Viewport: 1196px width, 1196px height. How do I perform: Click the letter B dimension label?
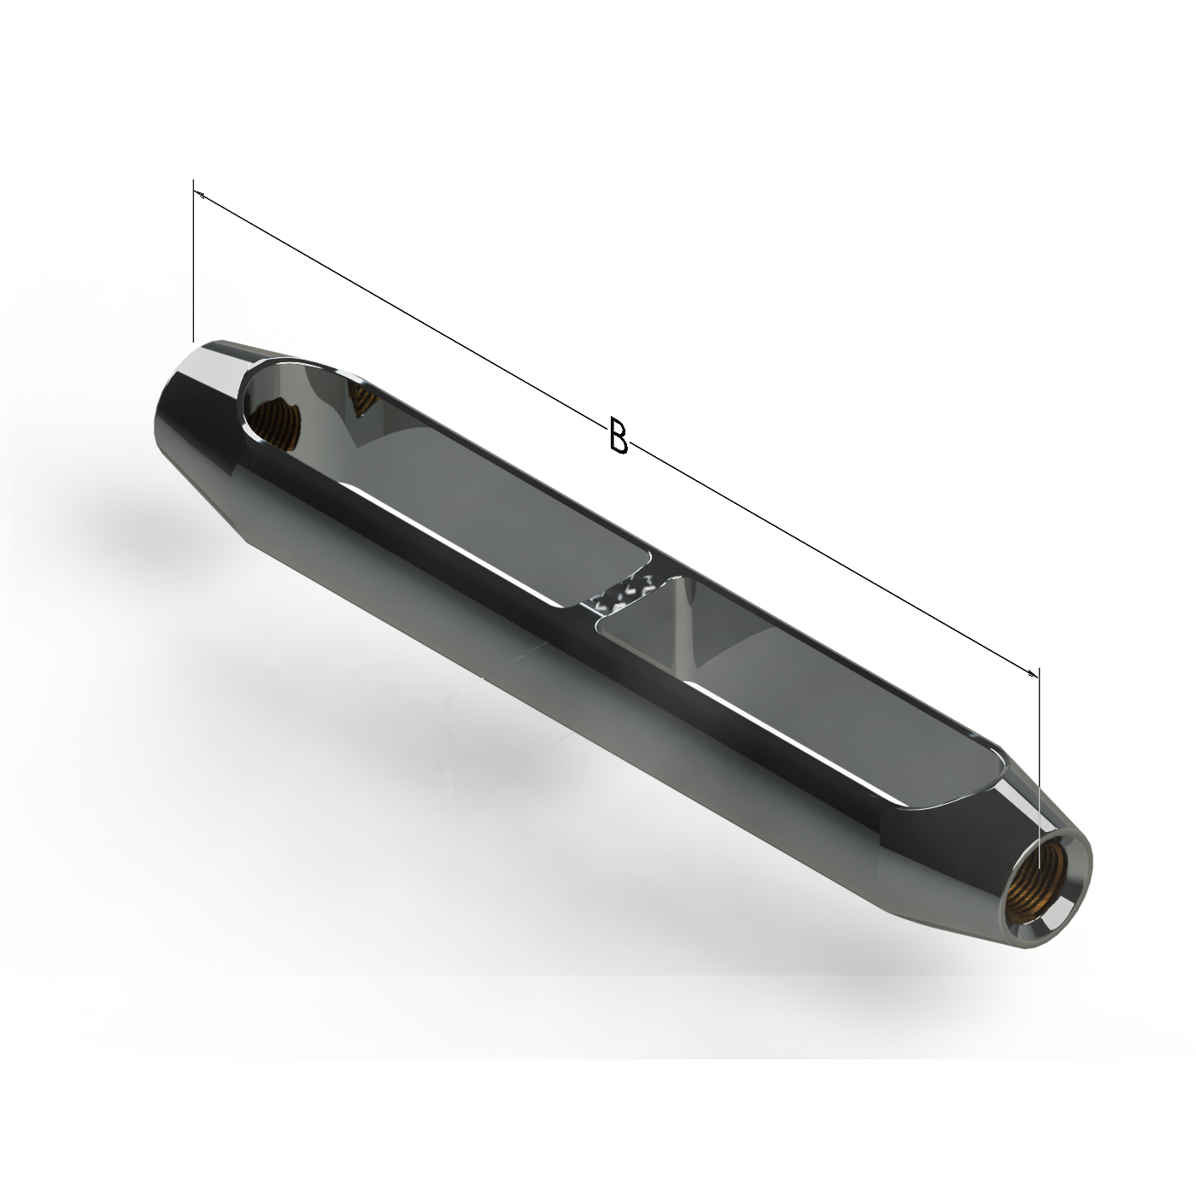[618, 435]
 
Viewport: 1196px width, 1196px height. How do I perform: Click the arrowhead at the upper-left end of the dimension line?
[198, 195]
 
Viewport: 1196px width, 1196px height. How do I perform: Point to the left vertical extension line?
[194, 261]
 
